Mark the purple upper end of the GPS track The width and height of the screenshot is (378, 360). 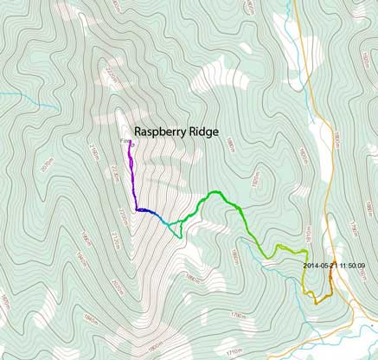[130, 145]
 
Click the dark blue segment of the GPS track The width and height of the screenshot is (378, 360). [146, 210]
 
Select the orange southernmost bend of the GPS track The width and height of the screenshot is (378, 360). [317, 302]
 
